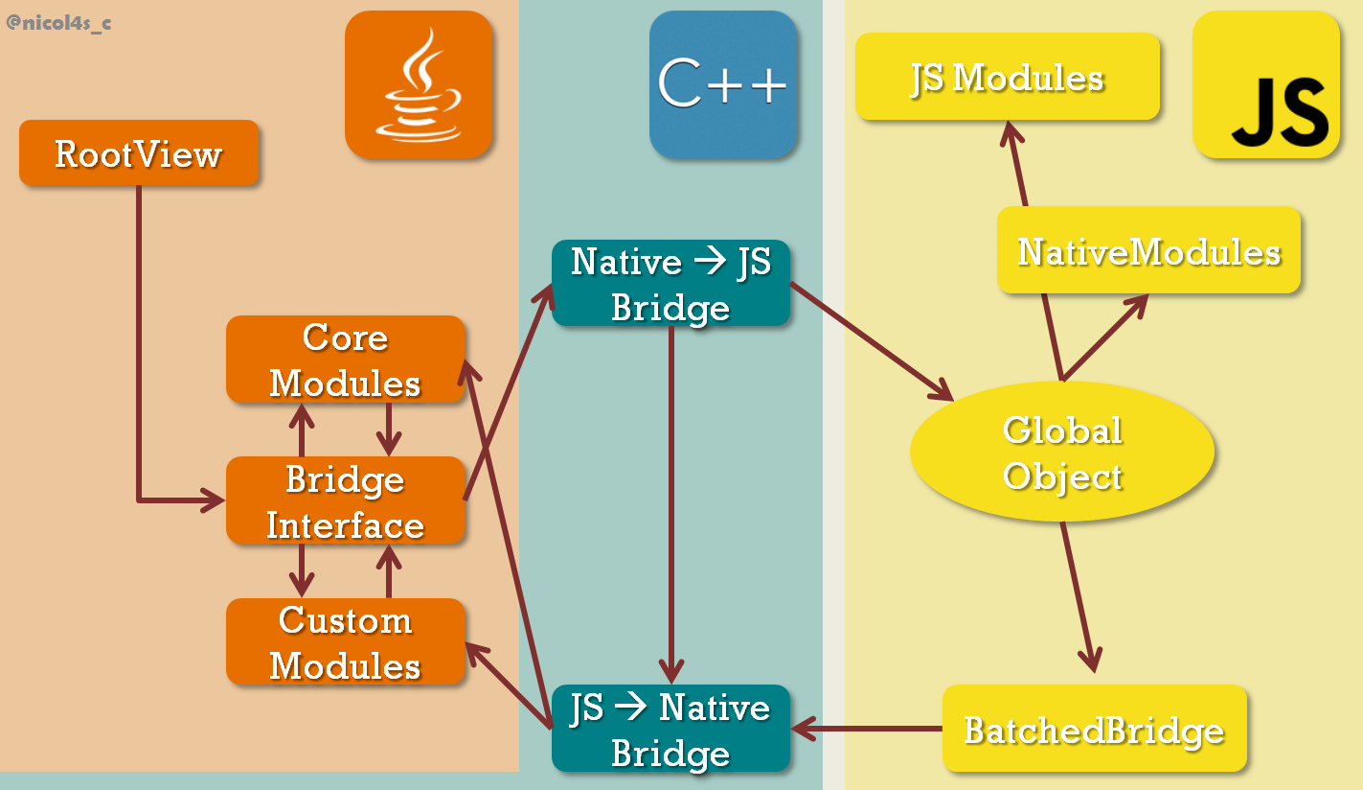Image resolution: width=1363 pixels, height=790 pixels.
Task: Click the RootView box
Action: coord(139,153)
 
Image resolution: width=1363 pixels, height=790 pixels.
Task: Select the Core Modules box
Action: coord(345,360)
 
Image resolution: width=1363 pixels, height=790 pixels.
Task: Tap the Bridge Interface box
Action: coord(345,501)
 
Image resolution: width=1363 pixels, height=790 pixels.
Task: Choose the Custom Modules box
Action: coord(345,642)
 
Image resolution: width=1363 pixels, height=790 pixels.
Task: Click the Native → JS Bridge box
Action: coord(670,284)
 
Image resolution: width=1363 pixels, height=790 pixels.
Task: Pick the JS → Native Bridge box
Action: coord(670,729)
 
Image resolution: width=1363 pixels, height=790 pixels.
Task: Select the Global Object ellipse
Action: coord(1062,453)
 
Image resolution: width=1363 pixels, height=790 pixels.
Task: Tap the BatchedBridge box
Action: coord(1094,730)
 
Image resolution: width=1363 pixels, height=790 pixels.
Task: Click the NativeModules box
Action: coord(1148,251)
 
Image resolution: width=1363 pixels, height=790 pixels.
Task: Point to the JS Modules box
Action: coord(1008,78)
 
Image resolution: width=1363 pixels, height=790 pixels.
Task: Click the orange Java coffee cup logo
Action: coord(419,84)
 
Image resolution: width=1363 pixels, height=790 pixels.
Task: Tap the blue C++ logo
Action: coord(723,84)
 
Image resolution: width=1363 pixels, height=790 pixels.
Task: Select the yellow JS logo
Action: coord(1266,84)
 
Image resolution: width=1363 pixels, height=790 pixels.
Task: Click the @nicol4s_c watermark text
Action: coord(58,22)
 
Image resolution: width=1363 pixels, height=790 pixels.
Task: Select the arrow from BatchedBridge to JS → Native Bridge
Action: coord(867,730)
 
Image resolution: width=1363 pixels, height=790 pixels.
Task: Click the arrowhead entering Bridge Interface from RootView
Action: coord(211,500)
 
